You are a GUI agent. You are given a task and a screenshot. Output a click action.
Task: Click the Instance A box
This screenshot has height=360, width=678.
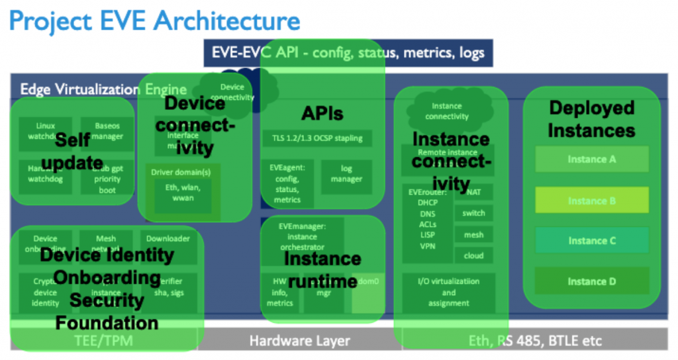(x=591, y=159)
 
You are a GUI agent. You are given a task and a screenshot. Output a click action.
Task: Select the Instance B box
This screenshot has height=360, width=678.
(x=591, y=201)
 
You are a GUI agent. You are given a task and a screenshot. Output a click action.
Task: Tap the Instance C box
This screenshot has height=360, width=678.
(x=591, y=241)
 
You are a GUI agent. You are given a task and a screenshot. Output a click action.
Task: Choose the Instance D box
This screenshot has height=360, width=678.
(x=591, y=281)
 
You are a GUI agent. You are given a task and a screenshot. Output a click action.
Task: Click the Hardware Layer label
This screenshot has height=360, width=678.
(x=299, y=341)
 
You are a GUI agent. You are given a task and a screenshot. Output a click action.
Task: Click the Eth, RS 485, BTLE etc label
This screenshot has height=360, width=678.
(x=535, y=341)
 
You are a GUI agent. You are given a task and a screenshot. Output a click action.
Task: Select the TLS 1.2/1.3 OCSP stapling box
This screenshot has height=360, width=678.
(x=316, y=138)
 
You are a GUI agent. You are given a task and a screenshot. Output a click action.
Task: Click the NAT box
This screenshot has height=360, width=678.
(x=473, y=192)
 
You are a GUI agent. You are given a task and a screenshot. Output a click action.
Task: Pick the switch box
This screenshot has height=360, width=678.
(x=473, y=213)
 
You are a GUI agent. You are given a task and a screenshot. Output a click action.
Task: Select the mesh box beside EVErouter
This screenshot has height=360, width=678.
(x=473, y=234)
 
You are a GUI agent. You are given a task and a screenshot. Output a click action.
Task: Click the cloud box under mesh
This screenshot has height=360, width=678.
(x=473, y=255)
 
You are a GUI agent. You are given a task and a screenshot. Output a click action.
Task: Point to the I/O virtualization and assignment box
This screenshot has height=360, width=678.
(x=448, y=292)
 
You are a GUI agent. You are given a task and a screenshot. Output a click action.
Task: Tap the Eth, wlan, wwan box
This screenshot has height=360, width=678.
(x=183, y=192)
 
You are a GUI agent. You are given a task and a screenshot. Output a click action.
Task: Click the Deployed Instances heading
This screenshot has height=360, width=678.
(x=591, y=119)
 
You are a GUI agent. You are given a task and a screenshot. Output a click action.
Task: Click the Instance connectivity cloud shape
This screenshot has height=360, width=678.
(x=446, y=111)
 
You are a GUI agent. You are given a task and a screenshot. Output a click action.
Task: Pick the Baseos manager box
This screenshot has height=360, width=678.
(x=108, y=131)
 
